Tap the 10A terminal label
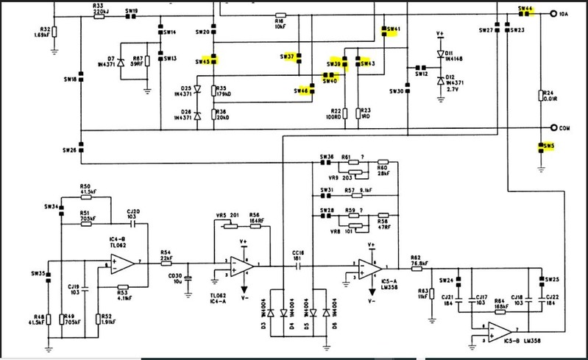click(564, 14)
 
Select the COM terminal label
click(564, 127)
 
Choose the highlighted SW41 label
click(392, 29)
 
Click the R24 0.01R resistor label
click(548, 96)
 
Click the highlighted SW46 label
click(301, 91)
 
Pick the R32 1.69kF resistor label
click(41, 32)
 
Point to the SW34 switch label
click(51, 207)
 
